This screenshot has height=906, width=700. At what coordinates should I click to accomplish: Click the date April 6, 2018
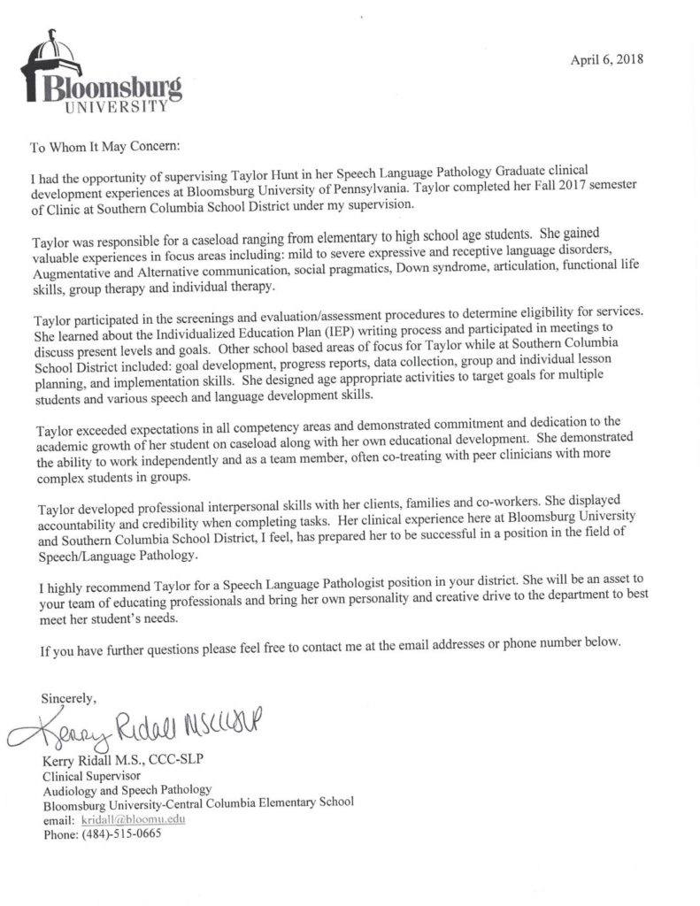click(x=607, y=59)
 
